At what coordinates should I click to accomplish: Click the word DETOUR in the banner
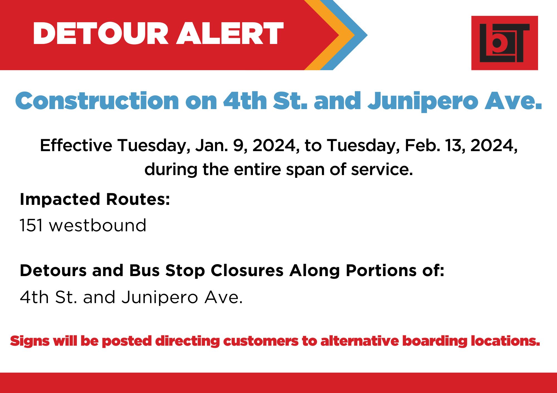tap(101, 33)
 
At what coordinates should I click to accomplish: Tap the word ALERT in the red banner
tap(230, 33)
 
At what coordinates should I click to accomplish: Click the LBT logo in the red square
tap(504, 43)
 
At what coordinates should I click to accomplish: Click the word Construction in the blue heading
tap(97, 101)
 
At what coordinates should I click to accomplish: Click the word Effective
tap(76, 145)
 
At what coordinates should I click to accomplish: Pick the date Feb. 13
tap(435, 146)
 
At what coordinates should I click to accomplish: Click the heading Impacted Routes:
tap(95, 199)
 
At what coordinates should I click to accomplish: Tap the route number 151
tap(31, 225)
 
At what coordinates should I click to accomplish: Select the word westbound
tap(98, 225)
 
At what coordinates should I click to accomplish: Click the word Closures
tap(247, 271)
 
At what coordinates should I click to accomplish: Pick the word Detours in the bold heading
tap(53, 271)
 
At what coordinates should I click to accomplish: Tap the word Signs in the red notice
tap(30, 341)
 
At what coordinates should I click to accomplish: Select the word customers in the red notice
tap(261, 341)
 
